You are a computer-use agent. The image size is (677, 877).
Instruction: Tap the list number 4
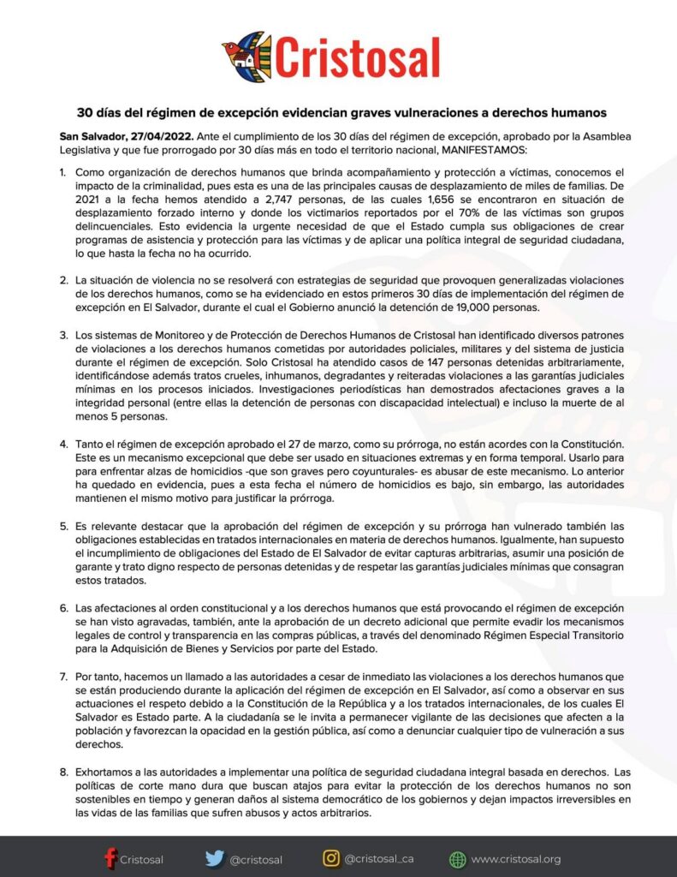click(63, 444)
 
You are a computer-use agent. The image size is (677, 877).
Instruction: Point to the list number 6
click(63, 606)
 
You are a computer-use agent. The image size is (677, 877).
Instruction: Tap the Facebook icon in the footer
click(110, 858)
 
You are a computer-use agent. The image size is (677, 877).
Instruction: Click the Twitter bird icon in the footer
click(214, 858)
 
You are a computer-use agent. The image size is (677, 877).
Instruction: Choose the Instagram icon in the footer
click(331, 858)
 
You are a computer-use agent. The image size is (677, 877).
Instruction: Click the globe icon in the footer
click(458, 859)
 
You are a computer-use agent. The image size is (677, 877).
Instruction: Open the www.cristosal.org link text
click(516, 859)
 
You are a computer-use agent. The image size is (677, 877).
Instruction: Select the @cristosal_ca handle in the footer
click(379, 858)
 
